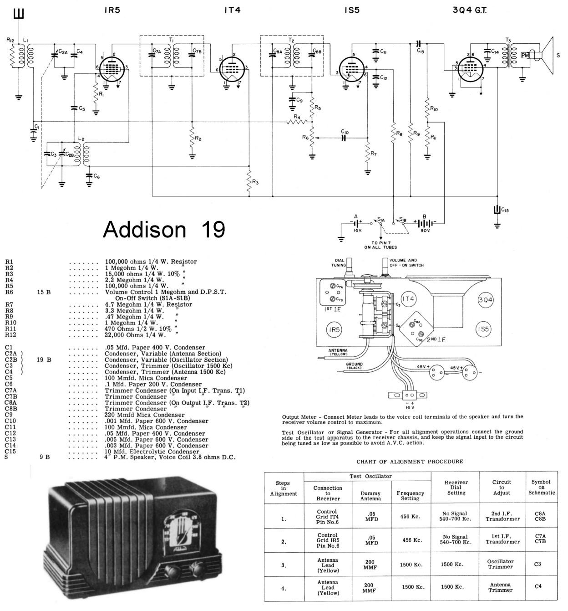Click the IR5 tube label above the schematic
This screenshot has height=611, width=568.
point(112,10)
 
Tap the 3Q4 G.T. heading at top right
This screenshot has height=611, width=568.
point(469,10)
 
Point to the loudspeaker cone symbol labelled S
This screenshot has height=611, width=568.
point(546,56)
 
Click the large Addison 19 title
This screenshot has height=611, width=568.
point(164,230)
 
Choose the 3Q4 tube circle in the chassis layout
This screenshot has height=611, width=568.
point(486,300)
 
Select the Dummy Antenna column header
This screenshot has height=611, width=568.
point(370,496)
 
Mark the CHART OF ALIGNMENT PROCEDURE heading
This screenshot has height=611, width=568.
point(410,462)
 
